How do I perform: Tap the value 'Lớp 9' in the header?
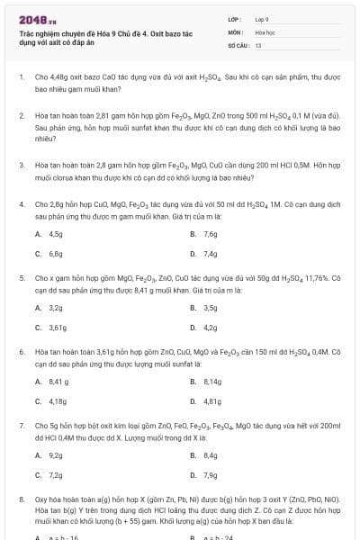262,18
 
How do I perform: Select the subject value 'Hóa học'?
264,31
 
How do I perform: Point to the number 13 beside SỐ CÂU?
258,43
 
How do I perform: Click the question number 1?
21,78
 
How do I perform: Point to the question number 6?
21,351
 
